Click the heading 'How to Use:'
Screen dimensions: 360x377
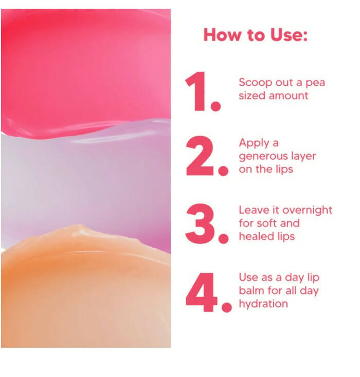256,35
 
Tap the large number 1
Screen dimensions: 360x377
197,91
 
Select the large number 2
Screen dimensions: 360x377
200,156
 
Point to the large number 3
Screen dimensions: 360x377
200,223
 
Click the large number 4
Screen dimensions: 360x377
201,292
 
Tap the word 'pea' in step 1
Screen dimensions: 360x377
315,83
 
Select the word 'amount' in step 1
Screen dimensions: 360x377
289,96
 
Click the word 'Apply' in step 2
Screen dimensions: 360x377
254,143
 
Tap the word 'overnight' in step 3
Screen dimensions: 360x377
307,211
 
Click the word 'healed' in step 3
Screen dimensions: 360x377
257,236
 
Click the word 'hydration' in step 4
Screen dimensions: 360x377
263,304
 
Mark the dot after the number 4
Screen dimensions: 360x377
226,307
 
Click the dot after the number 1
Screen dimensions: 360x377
216,106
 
